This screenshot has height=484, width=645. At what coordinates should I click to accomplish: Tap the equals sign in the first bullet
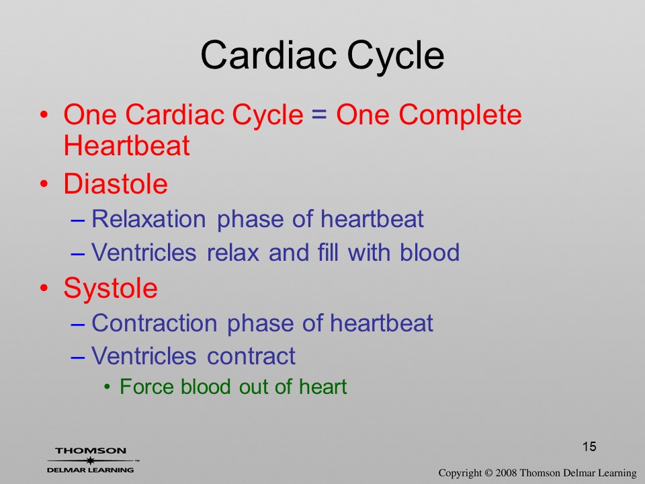[x=320, y=114]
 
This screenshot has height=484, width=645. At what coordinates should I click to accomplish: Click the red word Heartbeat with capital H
[x=127, y=145]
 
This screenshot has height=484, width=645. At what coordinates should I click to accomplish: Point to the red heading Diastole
[x=116, y=184]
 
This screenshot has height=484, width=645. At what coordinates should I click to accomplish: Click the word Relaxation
[x=148, y=218]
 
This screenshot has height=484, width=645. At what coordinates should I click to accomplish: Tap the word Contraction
[x=155, y=323]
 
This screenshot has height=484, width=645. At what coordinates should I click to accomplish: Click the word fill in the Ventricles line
[x=328, y=252]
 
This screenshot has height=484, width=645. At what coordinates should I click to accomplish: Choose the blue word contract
[x=251, y=356]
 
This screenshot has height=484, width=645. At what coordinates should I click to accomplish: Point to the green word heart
[x=323, y=387]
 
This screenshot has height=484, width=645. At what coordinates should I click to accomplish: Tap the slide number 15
[x=589, y=446]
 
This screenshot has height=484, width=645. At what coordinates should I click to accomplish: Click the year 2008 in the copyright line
[x=507, y=473]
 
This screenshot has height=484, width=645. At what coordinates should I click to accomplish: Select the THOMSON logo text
[x=91, y=451]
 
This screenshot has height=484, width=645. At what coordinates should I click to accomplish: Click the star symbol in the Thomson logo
[x=90, y=460]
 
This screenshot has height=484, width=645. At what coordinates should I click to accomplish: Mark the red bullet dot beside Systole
[x=44, y=288]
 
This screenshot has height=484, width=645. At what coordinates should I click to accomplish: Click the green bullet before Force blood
[x=107, y=387]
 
